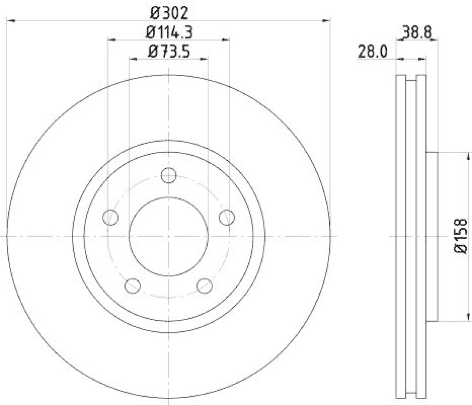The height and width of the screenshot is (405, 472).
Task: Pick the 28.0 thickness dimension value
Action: point(372,52)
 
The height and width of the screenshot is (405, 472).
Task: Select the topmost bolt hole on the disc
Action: point(169,175)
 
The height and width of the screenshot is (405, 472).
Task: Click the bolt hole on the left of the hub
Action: point(110,218)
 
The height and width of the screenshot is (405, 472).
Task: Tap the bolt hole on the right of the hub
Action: point(227,218)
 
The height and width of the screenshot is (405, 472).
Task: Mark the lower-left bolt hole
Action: point(133,286)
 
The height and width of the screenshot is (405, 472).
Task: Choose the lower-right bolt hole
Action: point(204,286)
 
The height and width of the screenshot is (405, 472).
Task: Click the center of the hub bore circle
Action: point(169,236)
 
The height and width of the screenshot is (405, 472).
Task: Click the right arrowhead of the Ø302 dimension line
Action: point(326,21)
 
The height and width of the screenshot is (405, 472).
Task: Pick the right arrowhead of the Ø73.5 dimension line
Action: point(204,59)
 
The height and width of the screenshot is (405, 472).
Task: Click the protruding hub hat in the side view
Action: point(432,236)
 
